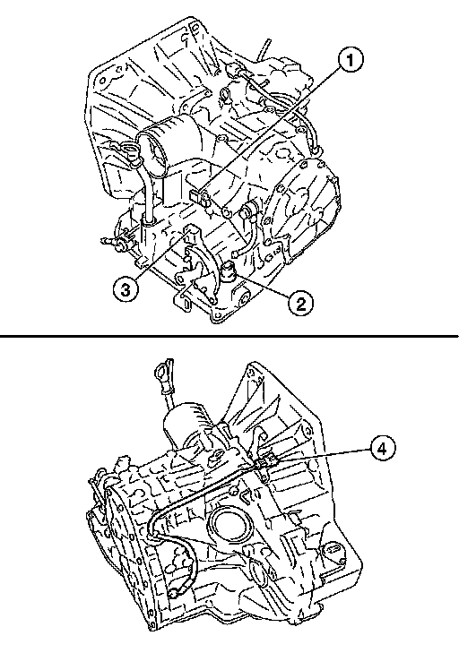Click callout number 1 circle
coord(351,60)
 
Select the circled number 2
coord(301,304)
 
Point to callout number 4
coord(382,448)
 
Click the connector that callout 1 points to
coord(199,197)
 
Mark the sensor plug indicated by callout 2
coord(228,271)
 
